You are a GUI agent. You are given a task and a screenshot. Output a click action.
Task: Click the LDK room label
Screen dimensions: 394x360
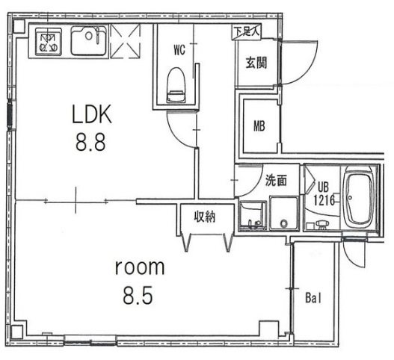coord(92,114)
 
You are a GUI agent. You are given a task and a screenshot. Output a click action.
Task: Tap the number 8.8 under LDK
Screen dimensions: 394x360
coord(90,142)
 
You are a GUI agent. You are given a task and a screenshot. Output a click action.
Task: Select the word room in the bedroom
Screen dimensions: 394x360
coord(140,267)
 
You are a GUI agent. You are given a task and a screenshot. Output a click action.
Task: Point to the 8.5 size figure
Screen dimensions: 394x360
coord(138,296)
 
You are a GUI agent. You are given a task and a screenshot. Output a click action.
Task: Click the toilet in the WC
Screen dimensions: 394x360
coord(176,85)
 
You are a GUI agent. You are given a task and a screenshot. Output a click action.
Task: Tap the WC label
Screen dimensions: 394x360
coord(179,50)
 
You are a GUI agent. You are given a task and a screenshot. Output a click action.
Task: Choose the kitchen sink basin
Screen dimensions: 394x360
coord(88,40)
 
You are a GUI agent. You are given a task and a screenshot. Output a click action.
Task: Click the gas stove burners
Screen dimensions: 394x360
coord(49,42)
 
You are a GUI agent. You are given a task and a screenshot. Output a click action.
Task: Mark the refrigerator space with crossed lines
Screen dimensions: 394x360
coord(125,41)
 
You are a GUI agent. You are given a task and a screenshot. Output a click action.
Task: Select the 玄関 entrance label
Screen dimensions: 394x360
coord(256,62)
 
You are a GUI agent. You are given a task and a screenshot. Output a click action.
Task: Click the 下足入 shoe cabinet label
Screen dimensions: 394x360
coord(247,32)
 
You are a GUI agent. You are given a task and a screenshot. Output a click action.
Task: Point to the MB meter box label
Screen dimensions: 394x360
coord(259,126)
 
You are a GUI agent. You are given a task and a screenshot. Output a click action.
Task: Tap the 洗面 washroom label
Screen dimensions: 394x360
coord(276,180)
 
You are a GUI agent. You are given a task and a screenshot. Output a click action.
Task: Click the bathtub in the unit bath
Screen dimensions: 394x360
coord(359,197)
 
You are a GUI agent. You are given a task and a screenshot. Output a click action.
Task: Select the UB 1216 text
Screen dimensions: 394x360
coord(324,193)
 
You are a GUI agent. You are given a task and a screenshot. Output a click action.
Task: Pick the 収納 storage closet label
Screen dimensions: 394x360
coord(205,217)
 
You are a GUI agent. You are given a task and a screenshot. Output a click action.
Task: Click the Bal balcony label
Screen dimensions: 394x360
coord(313,298)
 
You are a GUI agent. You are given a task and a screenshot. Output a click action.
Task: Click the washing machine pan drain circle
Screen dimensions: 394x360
coord(284,223)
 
